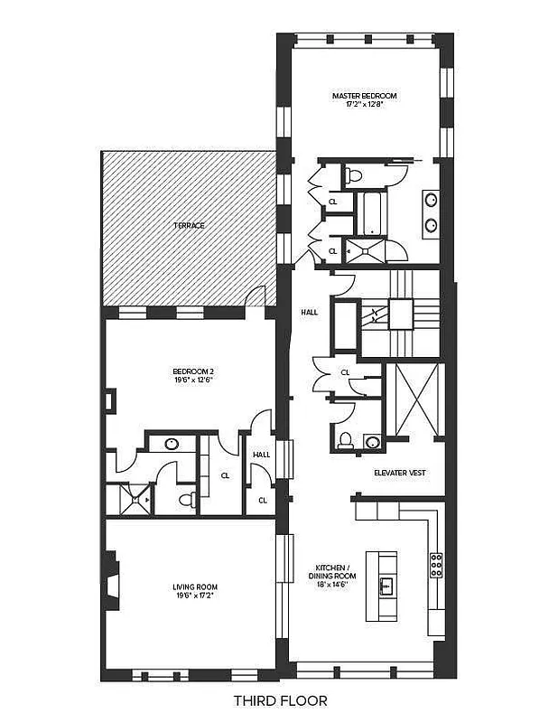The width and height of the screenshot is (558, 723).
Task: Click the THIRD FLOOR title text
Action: pyautogui.click(x=279, y=700)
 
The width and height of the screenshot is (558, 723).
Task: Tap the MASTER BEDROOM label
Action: pyautogui.click(x=364, y=95)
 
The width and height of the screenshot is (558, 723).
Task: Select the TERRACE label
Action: pyautogui.click(x=191, y=225)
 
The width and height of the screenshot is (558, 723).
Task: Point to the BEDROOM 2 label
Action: pyautogui.click(x=193, y=371)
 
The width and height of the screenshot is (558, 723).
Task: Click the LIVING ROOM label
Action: pyautogui.click(x=195, y=587)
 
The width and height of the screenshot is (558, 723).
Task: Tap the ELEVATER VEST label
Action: pyautogui.click(x=400, y=473)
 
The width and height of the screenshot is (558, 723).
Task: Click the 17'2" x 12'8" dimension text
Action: pyautogui.click(x=364, y=104)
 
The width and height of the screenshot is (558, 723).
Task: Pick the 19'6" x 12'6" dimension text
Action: pyautogui.click(x=193, y=380)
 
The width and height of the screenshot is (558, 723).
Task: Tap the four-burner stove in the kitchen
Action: pyautogui.click(x=436, y=565)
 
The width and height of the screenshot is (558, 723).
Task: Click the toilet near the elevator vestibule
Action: pyautogui.click(x=345, y=441)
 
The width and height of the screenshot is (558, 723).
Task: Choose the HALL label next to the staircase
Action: pyautogui.click(x=310, y=312)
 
